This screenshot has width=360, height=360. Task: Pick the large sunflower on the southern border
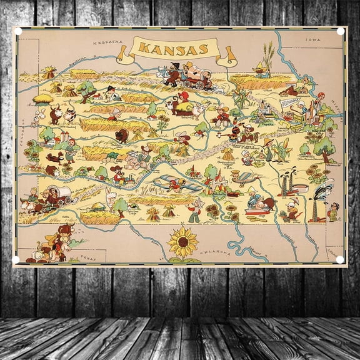pos(183,242)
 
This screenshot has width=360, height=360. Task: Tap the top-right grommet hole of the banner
pos(341,30)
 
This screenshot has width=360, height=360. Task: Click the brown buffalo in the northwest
pos(55,114)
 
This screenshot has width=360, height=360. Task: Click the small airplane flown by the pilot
pos(179,183)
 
